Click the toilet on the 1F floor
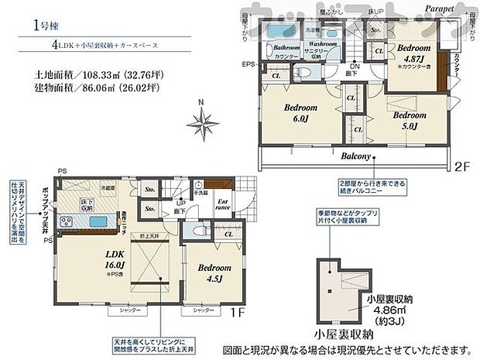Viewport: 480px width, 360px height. coord(196,231)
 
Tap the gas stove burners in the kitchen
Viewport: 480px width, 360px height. coord(66,222)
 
